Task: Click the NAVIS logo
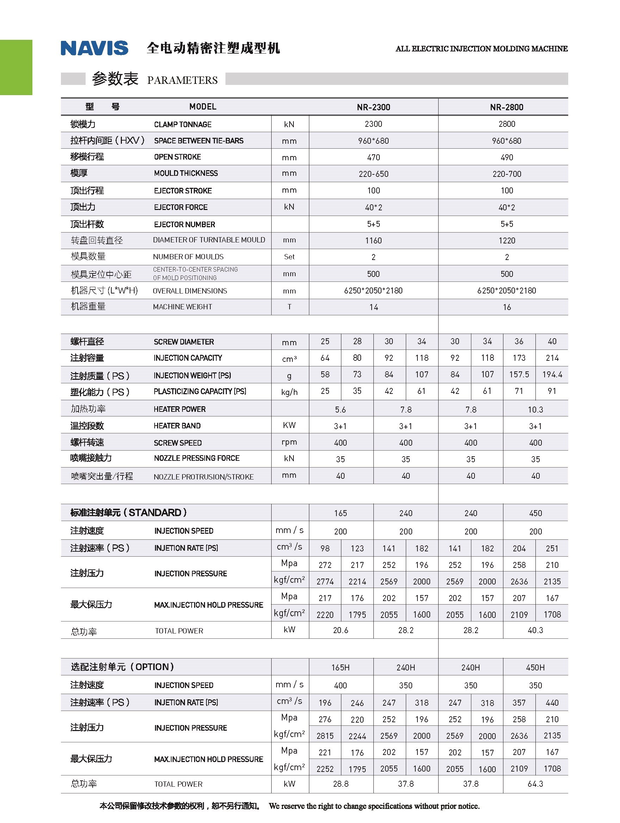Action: click(94, 48)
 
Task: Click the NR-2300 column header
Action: click(373, 107)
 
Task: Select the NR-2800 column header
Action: click(507, 107)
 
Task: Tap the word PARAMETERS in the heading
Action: click(182, 80)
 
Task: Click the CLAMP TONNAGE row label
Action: click(182, 124)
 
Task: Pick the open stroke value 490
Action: click(507, 157)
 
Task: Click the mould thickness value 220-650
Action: click(373, 174)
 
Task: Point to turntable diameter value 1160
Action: click(373, 240)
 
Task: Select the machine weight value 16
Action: click(507, 307)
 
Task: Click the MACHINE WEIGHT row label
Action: click(182, 307)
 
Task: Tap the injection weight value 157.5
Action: click(519, 374)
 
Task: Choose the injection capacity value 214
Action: click(552, 358)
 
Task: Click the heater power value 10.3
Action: click(535, 410)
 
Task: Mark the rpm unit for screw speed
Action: click(289, 442)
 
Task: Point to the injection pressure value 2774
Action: click(325, 582)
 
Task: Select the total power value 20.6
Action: click(341, 630)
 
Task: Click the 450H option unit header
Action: click(535, 668)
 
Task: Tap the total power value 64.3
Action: click(535, 784)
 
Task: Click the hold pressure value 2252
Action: click(325, 769)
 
